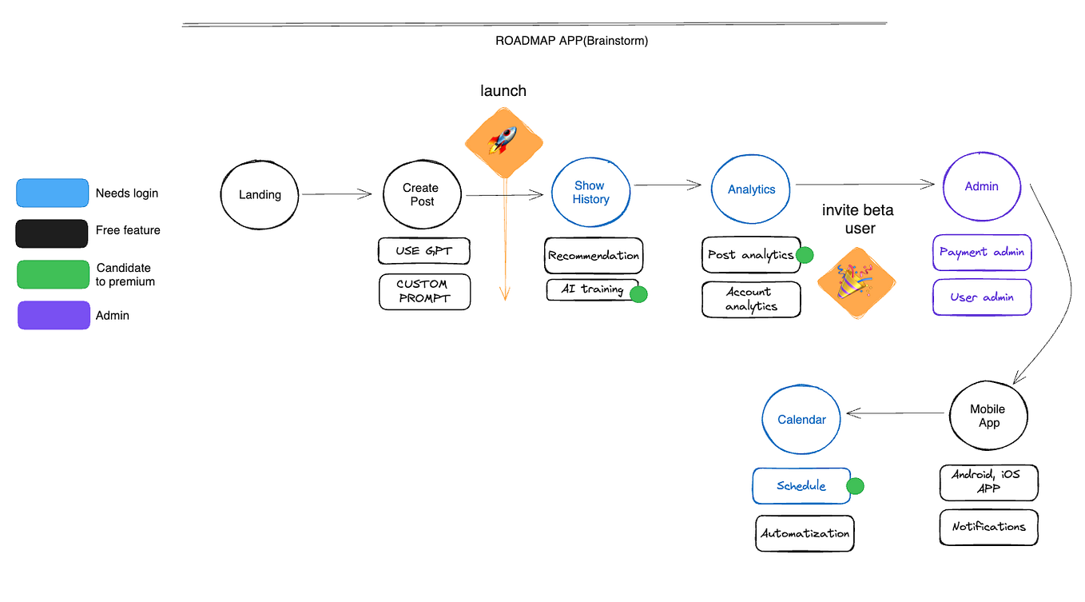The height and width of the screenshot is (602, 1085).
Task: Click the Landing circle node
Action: (260, 194)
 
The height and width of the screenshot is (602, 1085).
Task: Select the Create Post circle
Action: (421, 194)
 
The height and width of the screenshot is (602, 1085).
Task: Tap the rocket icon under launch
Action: (503, 142)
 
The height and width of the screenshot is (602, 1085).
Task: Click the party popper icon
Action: (856, 282)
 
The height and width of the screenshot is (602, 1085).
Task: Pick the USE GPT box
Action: (423, 250)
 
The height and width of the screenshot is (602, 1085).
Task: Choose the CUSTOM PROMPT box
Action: (424, 291)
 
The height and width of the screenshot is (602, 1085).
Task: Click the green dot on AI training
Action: (638, 293)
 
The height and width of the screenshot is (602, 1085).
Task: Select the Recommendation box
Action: (593, 256)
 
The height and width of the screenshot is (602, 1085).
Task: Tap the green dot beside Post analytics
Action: (804, 255)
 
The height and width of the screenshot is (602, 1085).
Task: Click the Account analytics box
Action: (750, 299)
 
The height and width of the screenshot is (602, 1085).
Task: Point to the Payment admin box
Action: (982, 253)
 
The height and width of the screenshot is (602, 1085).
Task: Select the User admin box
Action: (982, 297)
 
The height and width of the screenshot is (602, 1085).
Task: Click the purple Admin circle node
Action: (981, 186)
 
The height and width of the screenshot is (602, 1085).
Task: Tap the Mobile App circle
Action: (988, 416)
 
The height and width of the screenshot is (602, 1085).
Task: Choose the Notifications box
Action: (988, 527)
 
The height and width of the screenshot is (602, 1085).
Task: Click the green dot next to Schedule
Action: (855, 485)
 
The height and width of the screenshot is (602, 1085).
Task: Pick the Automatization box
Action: (805, 533)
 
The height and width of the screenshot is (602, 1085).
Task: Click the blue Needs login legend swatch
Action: (52, 193)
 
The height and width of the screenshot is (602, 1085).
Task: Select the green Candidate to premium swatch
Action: (53, 274)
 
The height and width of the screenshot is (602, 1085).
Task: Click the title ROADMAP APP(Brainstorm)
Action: (571, 41)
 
